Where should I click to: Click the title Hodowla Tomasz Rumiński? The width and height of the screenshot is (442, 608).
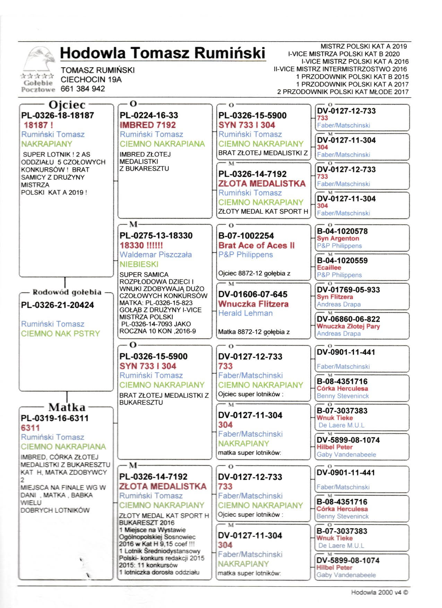coord(162,53)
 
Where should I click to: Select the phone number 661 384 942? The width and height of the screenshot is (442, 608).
coord(83,89)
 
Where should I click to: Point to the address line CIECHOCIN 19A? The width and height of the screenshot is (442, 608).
coord(91,79)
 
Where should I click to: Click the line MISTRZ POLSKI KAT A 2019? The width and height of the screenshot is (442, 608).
coord(364,46)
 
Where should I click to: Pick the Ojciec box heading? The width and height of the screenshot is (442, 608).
coord(67,104)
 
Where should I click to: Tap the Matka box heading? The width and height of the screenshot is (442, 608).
coord(67,407)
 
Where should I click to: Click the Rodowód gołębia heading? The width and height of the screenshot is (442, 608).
coord(67,292)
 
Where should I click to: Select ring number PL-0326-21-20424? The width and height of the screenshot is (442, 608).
coord(58,305)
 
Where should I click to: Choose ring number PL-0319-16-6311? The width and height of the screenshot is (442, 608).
coord(55,418)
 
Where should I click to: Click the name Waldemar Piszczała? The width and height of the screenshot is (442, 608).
coord(156,254)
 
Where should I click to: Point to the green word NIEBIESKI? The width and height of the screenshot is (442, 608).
coord(139,264)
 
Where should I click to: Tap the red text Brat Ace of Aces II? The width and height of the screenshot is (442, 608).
coord(256,245)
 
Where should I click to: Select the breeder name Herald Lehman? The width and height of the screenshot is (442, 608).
coord(245,313)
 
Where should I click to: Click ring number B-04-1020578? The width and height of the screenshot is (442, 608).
coord(342,231)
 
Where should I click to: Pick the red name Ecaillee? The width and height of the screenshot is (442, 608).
coord(329,268)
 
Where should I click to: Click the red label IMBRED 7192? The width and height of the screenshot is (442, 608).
coord(148,125)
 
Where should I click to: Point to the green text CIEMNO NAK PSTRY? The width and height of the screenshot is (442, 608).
coord(60,333)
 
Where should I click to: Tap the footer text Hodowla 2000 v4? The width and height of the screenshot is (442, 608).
coord(379,592)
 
